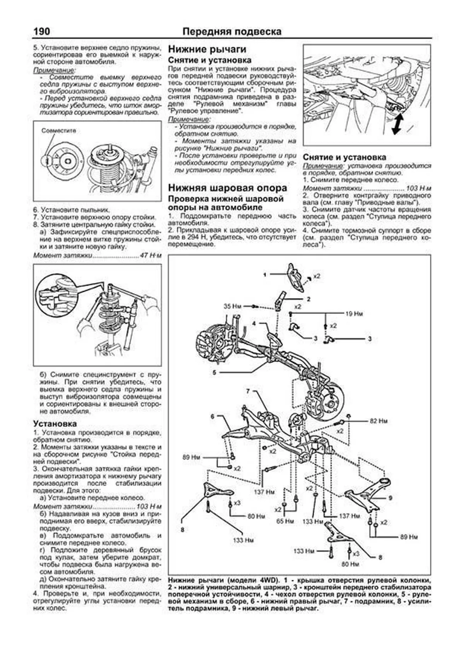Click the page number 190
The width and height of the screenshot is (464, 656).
coord(42,31)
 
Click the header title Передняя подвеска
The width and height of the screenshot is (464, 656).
coord(232,32)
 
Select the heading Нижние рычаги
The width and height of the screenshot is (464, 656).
coord(207,49)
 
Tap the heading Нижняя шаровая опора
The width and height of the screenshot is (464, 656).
coord(227,188)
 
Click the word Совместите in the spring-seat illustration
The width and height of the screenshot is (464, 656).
coord(59,131)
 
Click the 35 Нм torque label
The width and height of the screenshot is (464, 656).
coord(232,306)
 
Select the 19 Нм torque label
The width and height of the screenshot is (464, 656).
coord(353,314)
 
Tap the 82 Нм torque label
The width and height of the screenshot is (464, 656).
coord(378,421)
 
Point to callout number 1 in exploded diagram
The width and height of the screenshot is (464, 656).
coord(265,275)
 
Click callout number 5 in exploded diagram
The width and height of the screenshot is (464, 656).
coord(214,373)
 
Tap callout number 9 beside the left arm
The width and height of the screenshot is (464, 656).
coord(391,498)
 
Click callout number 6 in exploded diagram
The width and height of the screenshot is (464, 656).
coord(212,416)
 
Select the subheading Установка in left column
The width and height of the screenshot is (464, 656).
coord(55,424)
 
